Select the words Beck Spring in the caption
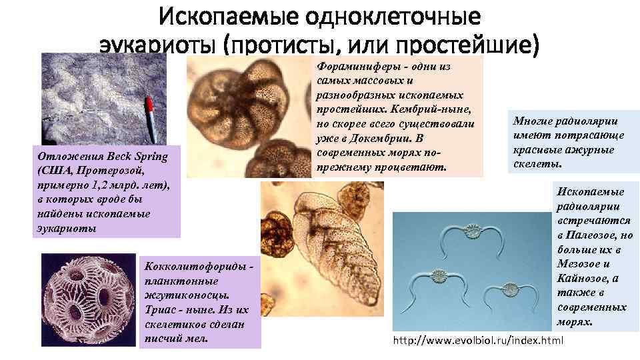(x=127, y=157)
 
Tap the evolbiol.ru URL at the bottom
(x=478, y=341)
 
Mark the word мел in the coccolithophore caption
(x=198, y=338)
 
